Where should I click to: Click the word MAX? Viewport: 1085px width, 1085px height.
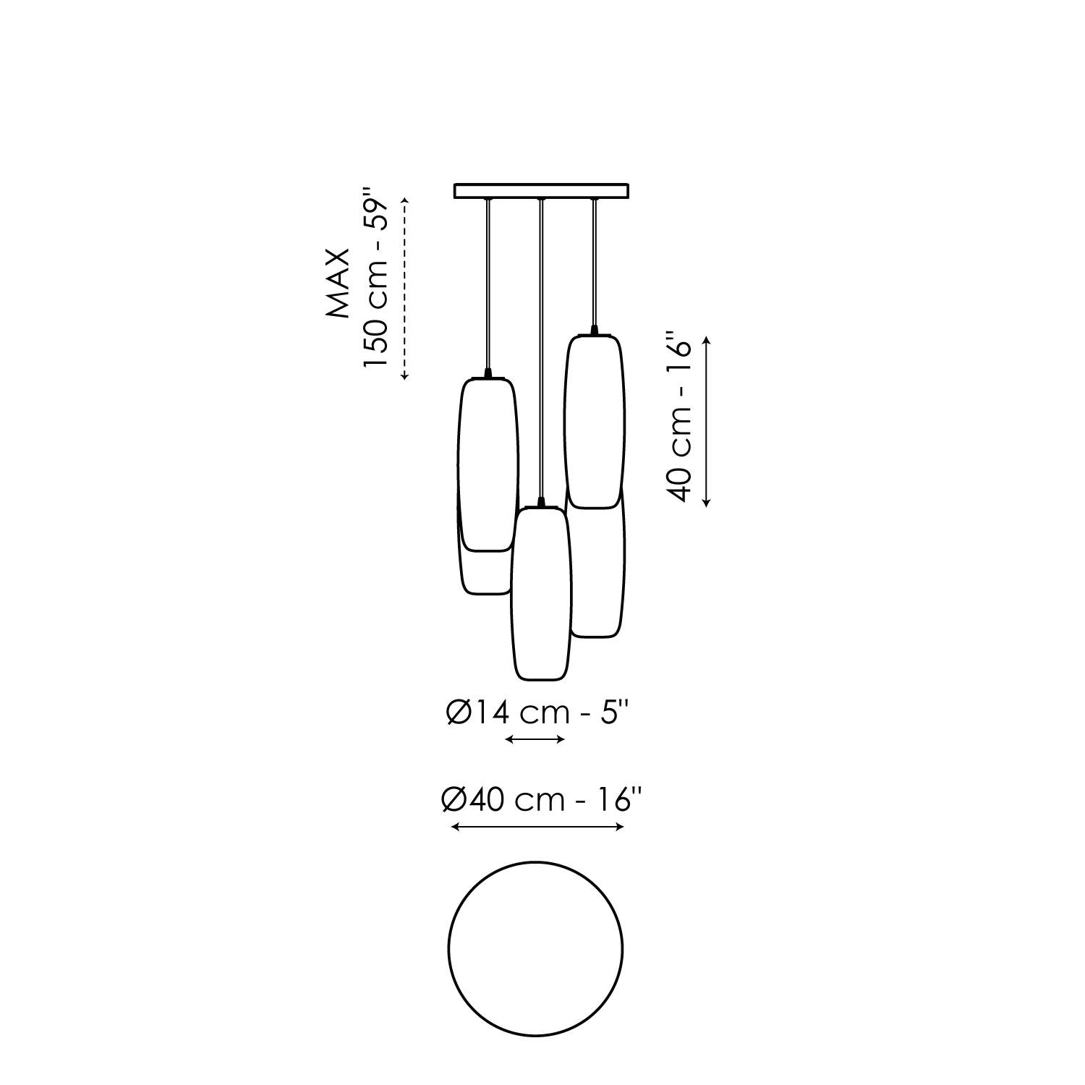[338, 284]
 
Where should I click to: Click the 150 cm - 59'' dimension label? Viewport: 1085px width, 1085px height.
[376, 278]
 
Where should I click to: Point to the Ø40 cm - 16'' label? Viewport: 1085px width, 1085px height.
[541, 801]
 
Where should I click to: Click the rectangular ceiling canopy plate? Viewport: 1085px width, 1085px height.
[541, 191]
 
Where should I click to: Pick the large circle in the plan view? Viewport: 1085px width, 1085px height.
[535, 948]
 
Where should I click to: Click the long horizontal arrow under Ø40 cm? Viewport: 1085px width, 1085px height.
[537, 827]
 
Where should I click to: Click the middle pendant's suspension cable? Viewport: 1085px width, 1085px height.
[540, 347]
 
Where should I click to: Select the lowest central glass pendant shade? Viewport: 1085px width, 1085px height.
[541, 593]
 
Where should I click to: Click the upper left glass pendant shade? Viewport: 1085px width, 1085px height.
[488, 463]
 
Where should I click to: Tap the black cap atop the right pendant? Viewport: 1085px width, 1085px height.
[595, 331]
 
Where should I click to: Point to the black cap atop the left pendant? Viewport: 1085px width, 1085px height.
[489, 373]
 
